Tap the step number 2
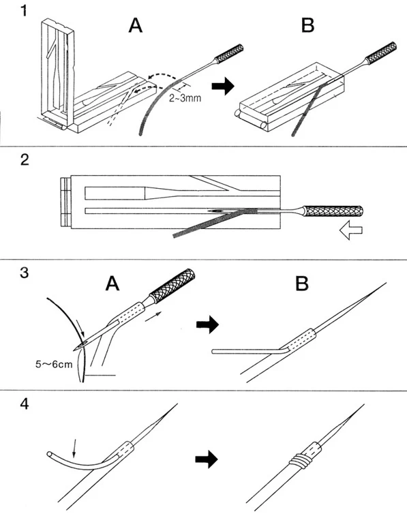pyautogui.click(x=25, y=159)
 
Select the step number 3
pyautogui.click(x=24, y=273)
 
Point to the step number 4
pyautogui.click(x=25, y=404)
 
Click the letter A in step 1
pyautogui.click(x=136, y=25)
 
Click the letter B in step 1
pyautogui.click(x=308, y=25)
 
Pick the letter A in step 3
pyautogui.click(x=112, y=283)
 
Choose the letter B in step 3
pyautogui.click(x=302, y=284)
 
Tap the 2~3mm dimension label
pyautogui.click(x=185, y=98)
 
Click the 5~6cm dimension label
pyautogui.click(x=54, y=365)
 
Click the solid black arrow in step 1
pyautogui.click(x=223, y=86)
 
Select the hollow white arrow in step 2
pyautogui.click(x=351, y=231)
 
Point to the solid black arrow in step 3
pyautogui.click(x=207, y=324)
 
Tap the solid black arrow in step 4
pyautogui.click(x=207, y=459)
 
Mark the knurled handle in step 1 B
pyautogui.click(x=382, y=53)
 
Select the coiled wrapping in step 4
pyautogui.click(x=300, y=461)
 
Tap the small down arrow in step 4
pyautogui.click(x=75, y=448)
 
